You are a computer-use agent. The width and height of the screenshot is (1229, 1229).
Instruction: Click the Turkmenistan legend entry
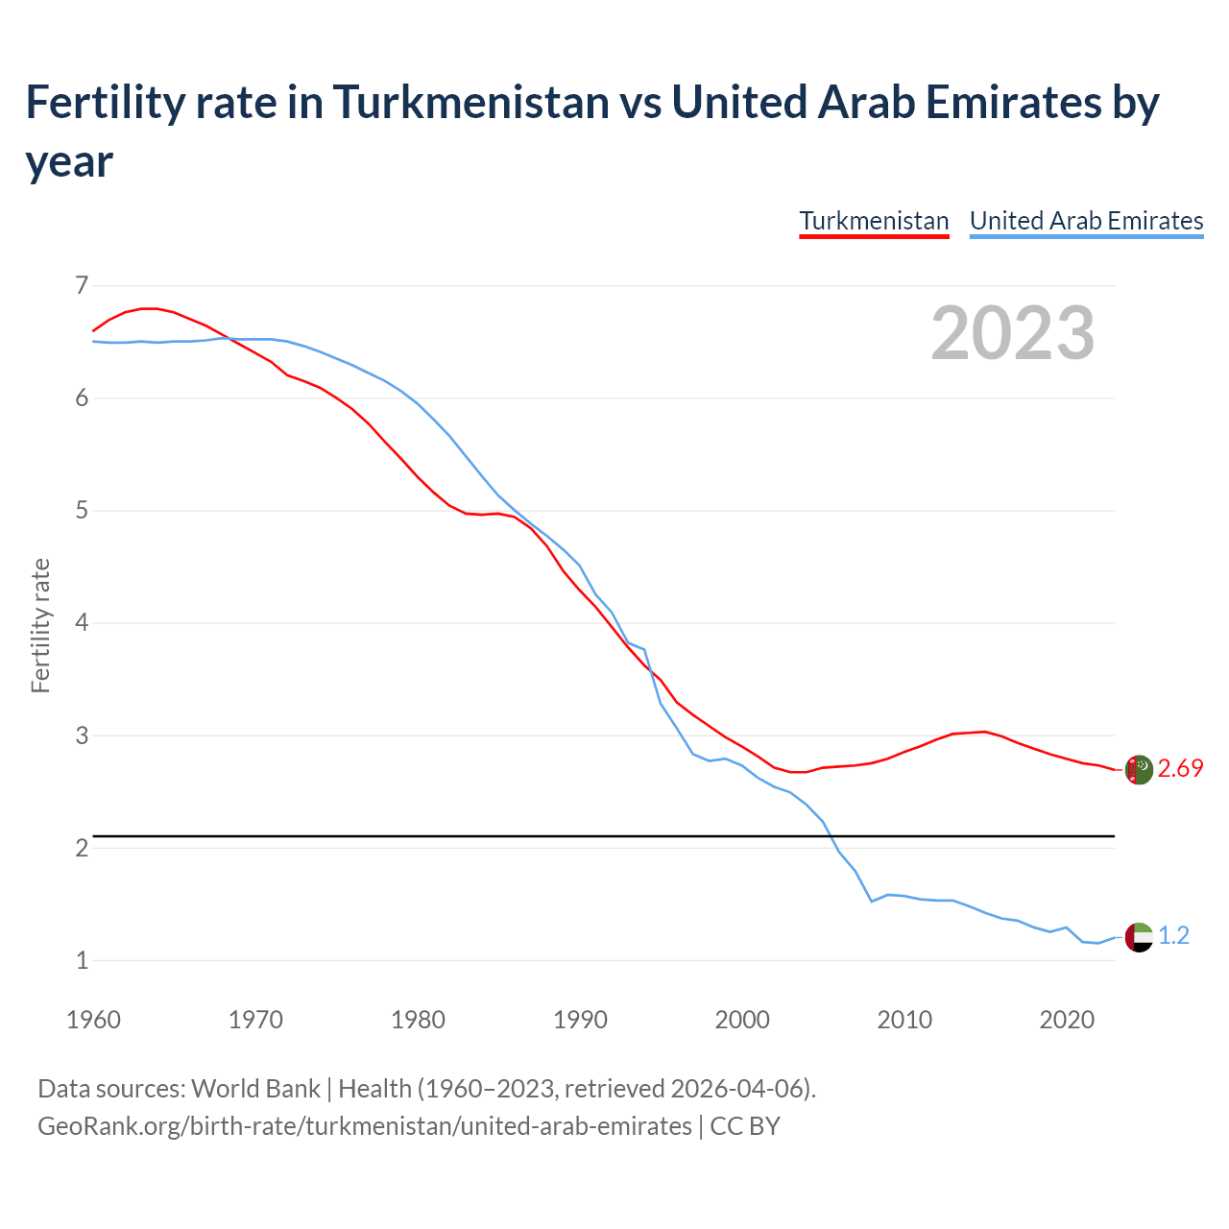point(874,221)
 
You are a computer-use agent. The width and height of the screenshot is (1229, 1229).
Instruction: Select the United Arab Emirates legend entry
point(1086,221)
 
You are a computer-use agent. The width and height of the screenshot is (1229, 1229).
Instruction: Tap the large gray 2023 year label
point(1013,333)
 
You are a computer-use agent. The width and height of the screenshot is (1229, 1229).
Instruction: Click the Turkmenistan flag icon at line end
point(1139,769)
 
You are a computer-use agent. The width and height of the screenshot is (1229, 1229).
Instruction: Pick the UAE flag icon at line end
point(1139,936)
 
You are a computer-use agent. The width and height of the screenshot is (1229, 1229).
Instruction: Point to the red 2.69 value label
point(1180,769)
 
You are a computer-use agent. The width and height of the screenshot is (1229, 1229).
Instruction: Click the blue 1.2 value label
point(1173,936)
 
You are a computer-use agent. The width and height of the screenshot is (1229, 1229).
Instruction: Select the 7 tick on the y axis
point(82,285)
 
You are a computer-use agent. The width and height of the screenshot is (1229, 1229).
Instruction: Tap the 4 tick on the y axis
point(82,623)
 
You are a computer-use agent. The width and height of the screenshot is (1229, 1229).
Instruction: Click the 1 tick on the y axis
point(82,960)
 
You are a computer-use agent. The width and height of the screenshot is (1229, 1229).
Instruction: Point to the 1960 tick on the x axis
point(93,1020)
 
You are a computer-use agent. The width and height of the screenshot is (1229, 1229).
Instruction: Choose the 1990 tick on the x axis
point(580,1020)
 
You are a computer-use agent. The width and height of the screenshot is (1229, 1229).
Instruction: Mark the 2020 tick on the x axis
point(1067,1020)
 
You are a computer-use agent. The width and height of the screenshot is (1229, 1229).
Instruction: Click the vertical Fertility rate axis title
point(40,625)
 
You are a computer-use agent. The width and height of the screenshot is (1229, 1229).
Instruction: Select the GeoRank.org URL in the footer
point(364,1125)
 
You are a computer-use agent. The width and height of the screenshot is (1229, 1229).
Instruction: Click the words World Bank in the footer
point(255,1089)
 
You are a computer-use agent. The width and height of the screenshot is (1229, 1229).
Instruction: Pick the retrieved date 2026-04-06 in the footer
point(738,1089)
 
